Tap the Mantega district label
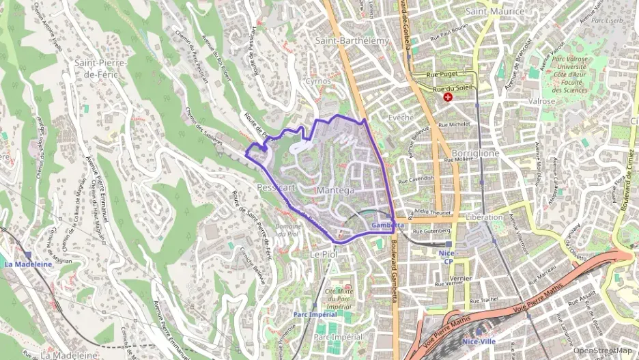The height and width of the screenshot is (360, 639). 336,189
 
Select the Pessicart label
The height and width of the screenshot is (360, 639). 276,186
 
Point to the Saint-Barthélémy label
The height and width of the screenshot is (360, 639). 352,41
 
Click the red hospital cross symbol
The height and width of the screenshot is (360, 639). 448,98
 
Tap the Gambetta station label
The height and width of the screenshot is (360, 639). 388,225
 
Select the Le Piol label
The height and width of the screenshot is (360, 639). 325,254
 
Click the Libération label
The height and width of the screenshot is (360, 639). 484,217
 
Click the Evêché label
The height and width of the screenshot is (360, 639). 401,117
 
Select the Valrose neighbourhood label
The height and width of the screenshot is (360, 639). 541,101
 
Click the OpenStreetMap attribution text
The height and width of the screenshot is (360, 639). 602,351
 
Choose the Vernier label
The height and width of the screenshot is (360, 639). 461,279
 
